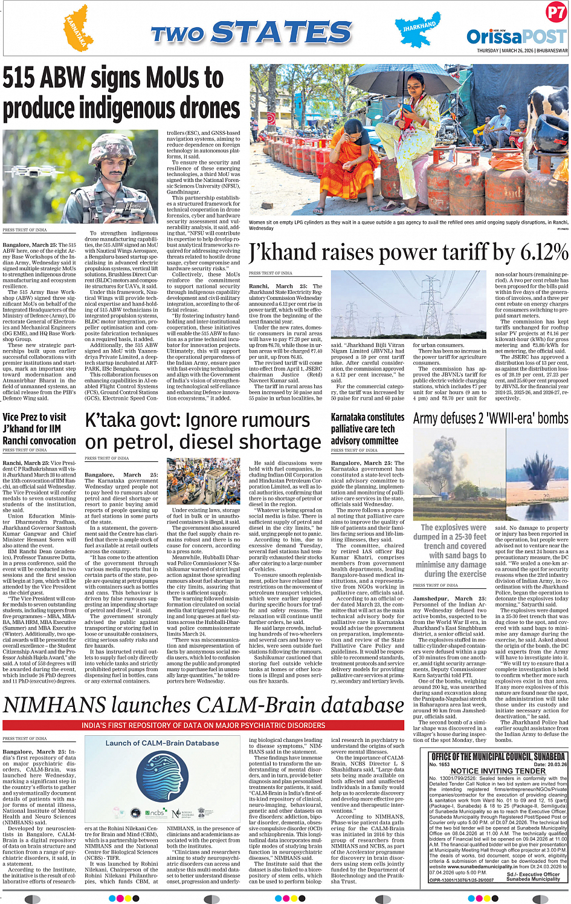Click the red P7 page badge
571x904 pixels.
(x=555, y=12)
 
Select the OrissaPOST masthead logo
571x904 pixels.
(x=517, y=37)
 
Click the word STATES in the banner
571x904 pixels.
(x=282, y=33)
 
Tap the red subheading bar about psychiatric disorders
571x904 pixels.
(x=203, y=725)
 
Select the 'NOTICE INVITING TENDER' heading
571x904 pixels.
(x=498, y=770)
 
